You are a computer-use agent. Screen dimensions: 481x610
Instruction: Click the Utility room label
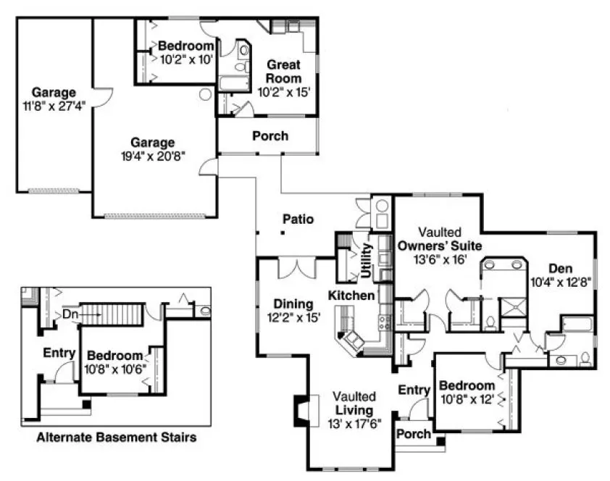pyautogui.click(x=367, y=262)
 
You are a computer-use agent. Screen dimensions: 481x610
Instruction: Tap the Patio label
pyautogui.click(x=298, y=218)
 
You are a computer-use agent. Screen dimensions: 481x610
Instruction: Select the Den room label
pyautogui.click(x=560, y=267)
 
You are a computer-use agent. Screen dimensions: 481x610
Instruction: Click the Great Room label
pyautogui.click(x=283, y=70)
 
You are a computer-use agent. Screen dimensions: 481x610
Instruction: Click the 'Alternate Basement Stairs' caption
pyautogui.click(x=116, y=438)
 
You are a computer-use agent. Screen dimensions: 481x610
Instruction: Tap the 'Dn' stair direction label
pyautogui.click(x=70, y=314)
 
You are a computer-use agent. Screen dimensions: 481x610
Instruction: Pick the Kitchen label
pyautogui.click(x=351, y=296)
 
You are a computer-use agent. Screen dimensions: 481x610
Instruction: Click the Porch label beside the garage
pyautogui.click(x=270, y=135)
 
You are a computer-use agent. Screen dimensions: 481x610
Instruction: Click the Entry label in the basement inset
pyautogui.click(x=59, y=353)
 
